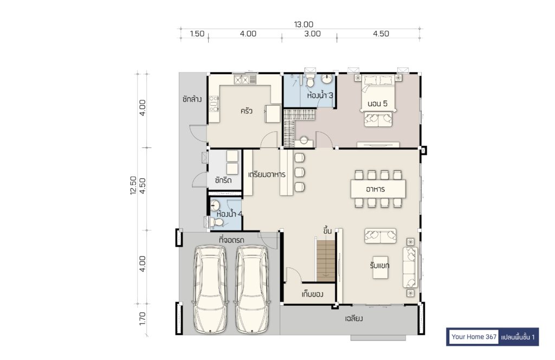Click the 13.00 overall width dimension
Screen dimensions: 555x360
click(304, 24)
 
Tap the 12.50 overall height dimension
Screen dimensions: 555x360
click(133, 185)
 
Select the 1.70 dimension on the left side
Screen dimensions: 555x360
click(143, 319)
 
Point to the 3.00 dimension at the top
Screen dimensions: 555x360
click(312, 34)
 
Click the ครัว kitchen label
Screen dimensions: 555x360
click(247, 111)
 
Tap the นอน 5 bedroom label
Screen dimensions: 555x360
click(377, 104)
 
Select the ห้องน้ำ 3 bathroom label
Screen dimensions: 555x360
click(320, 95)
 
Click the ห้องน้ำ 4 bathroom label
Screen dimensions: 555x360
click(229, 214)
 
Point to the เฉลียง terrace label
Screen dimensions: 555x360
click(353, 318)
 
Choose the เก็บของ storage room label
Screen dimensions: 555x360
click(312, 294)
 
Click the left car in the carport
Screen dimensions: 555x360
click(210, 289)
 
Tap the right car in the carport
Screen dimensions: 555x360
click(253, 289)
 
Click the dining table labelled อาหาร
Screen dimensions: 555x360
click(378, 189)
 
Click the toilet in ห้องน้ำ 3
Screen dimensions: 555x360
click(310, 81)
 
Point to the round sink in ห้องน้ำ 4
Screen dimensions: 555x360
click(215, 205)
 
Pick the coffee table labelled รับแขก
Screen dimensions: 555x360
click(380, 267)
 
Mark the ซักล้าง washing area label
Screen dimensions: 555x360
click(192, 99)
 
